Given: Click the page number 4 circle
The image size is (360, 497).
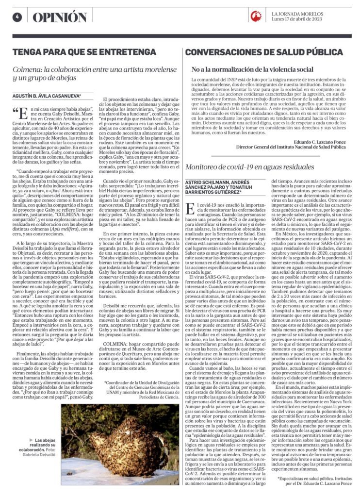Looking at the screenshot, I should tap(17, 17).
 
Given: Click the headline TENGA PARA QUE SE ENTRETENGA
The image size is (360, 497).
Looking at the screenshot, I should tap(84, 51).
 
